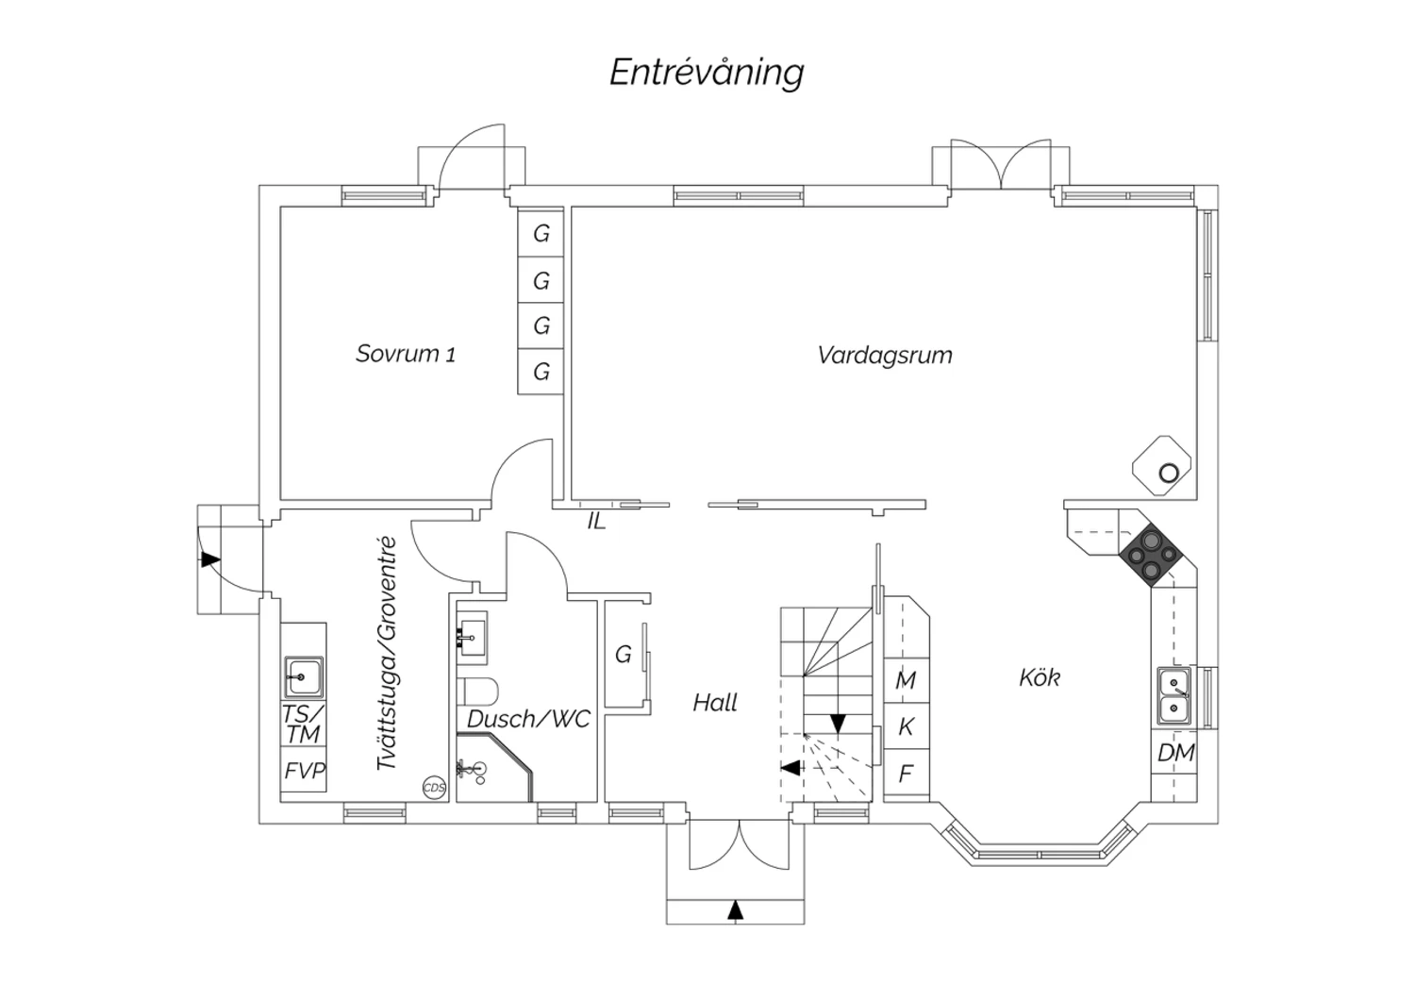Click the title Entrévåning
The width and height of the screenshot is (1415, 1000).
(x=707, y=73)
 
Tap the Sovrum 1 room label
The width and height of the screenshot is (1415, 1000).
(x=406, y=354)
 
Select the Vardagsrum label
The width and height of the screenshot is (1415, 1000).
(x=885, y=356)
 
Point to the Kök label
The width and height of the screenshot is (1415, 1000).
(x=1040, y=677)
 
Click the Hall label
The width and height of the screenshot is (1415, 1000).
(x=715, y=702)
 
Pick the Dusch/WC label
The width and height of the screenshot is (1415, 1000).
(x=528, y=719)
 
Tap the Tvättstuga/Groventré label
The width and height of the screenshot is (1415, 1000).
(x=385, y=654)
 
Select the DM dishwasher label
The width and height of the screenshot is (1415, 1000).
(x=1175, y=753)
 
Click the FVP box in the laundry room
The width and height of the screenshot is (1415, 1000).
(x=305, y=771)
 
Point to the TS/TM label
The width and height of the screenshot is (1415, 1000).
(x=304, y=724)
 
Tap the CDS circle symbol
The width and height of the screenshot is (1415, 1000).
(x=434, y=788)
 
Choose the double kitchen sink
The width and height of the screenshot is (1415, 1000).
(x=1174, y=695)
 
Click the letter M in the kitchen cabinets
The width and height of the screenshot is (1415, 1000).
(x=906, y=680)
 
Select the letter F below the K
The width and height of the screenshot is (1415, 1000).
(x=906, y=775)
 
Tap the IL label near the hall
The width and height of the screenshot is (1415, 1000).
(x=596, y=521)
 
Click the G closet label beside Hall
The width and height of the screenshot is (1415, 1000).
(x=623, y=654)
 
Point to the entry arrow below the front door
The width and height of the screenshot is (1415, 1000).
(x=736, y=909)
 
